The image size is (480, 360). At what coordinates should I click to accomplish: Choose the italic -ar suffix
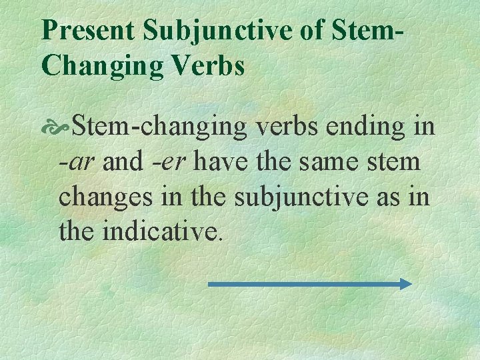[x=77, y=161]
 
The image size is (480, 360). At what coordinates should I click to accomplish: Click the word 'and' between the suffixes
[x=123, y=161]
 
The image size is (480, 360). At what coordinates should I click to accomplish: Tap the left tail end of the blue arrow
[x=211, y=284]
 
